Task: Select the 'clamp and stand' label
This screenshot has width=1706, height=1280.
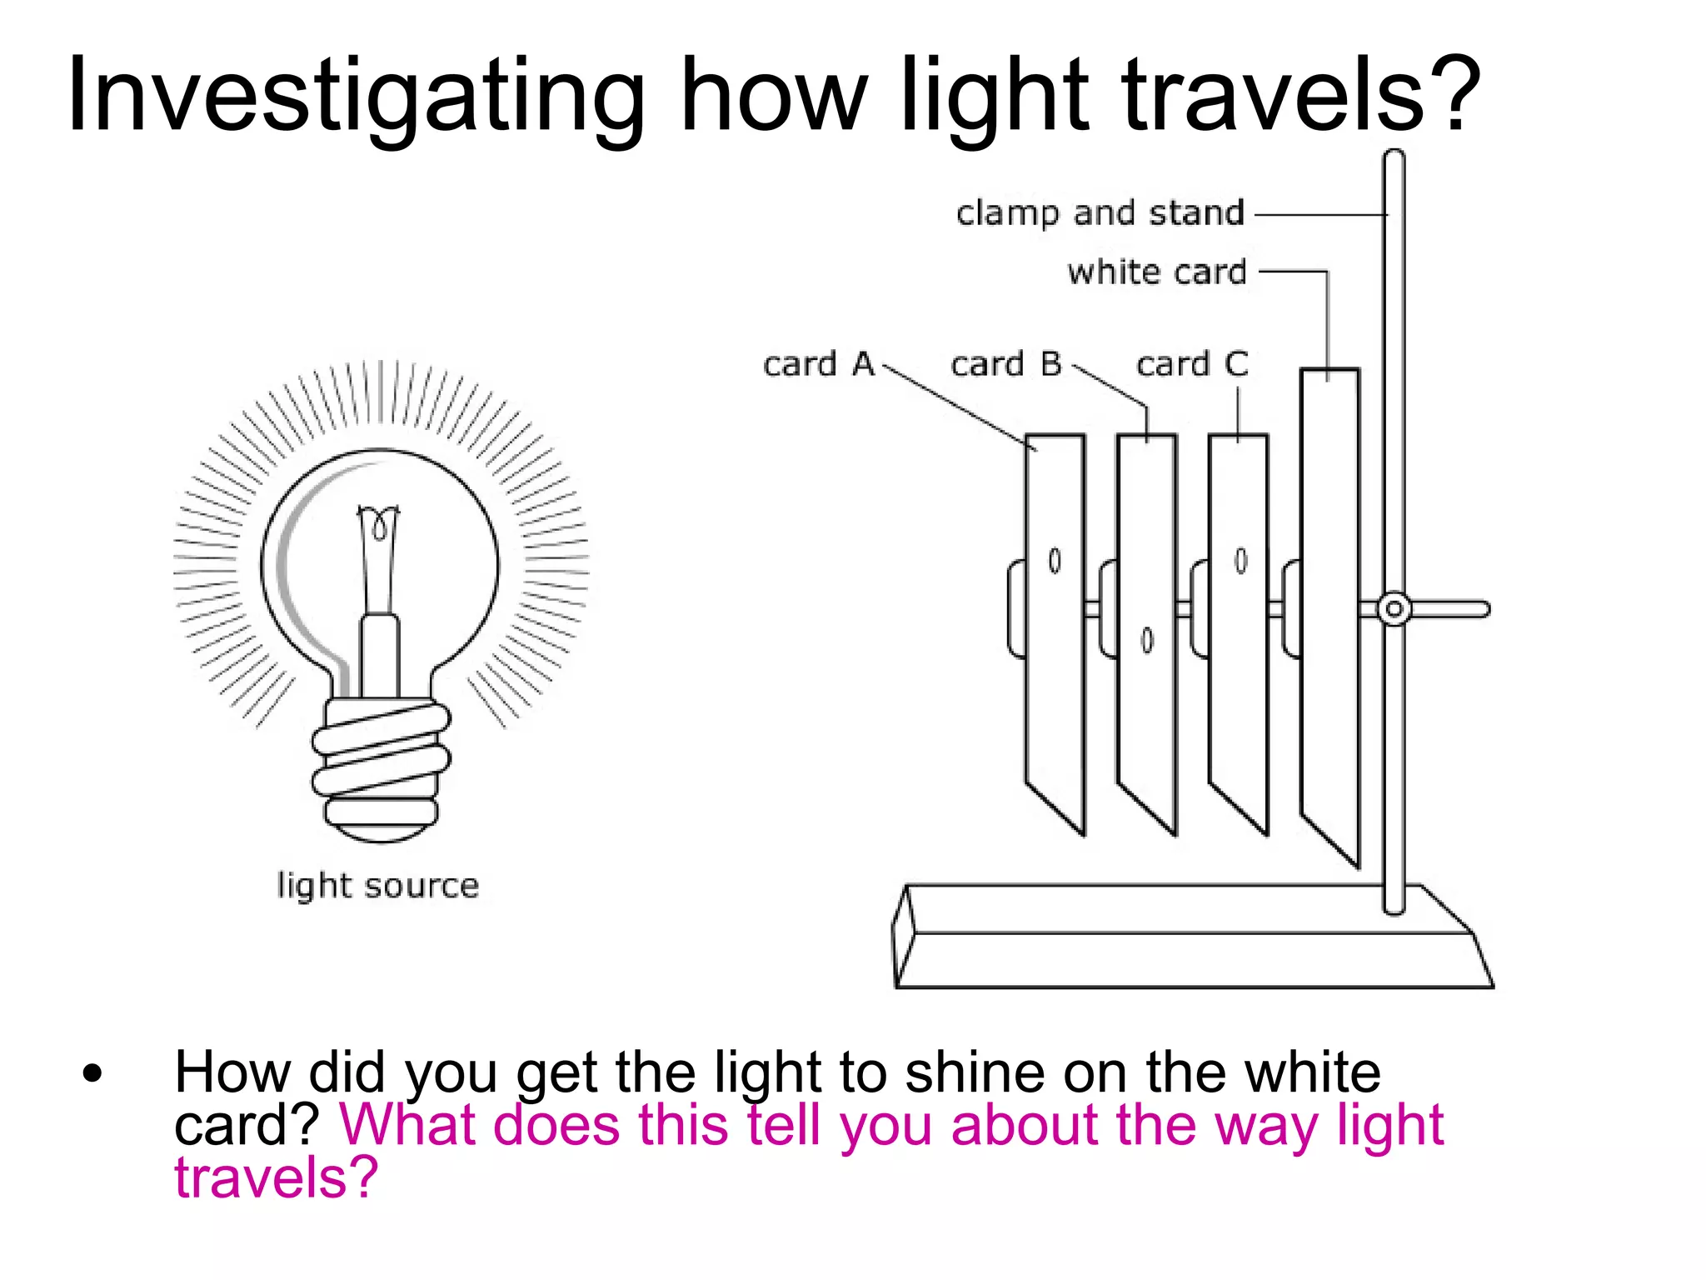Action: [1100, 213]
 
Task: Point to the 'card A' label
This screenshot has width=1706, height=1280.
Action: [818, 364]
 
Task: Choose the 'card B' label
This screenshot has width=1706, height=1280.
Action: [1005, 364]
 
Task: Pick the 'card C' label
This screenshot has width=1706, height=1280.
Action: [1191, 364]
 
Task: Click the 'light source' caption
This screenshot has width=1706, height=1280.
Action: [377, 885]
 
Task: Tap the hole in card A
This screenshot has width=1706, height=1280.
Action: [1055, 561]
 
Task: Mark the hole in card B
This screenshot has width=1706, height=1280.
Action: [1147, 640]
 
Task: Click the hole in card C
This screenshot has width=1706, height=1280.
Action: [1240, 560]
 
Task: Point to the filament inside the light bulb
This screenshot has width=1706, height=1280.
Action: [379, 525]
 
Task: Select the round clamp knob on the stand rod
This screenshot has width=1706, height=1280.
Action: [1394, 609]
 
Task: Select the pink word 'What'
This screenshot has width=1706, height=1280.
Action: [407, 1126]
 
